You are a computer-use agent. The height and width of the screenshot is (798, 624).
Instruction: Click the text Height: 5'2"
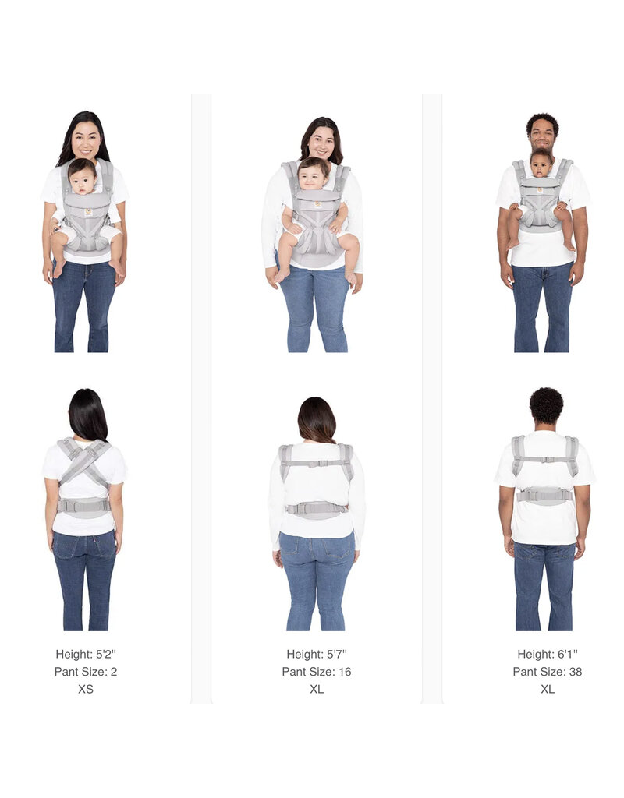86,654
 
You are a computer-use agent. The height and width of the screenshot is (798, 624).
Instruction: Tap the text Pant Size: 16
317,672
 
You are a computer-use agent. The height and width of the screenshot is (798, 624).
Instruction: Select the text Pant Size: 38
547,672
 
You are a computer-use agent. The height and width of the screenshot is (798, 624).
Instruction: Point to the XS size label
86,689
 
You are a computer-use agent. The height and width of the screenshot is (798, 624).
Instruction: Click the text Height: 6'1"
547,654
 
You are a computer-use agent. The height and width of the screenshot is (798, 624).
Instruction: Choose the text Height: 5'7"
317,654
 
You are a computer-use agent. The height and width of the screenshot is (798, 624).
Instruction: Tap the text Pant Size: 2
86,672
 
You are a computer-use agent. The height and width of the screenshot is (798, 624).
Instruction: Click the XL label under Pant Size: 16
317,689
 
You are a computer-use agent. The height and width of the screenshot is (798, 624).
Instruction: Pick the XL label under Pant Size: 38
547,689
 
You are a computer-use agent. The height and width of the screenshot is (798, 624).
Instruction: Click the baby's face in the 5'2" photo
83,179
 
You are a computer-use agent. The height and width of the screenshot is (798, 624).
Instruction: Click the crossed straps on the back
83,462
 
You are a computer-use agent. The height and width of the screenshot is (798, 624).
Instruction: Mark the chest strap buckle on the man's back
545,460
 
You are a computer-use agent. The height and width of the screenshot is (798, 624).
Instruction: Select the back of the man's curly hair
546,405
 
